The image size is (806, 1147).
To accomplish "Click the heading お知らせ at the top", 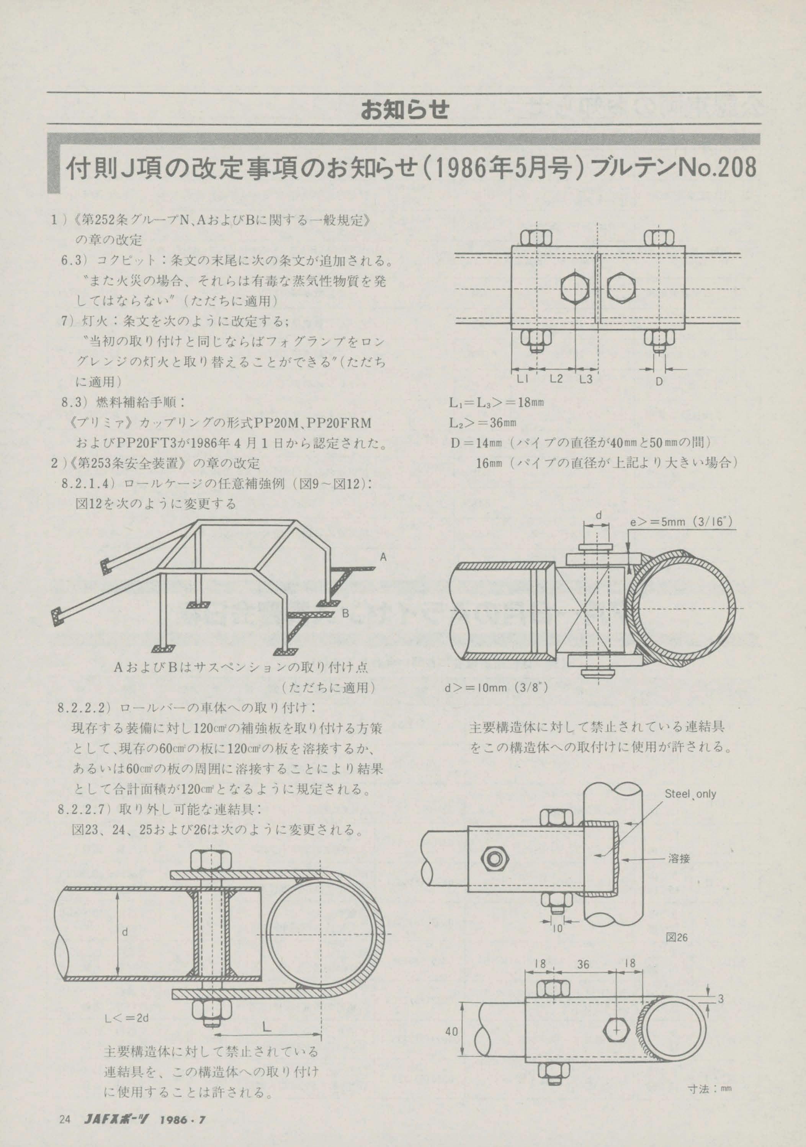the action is [x=404, y=109].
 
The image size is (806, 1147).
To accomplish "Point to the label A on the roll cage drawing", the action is [x=383, y=556].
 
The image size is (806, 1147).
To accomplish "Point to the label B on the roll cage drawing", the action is [x=345, y=614].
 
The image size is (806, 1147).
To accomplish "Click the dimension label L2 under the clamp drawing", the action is [x=556, y=379].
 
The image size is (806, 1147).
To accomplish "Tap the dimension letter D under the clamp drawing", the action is [x=659, y=382].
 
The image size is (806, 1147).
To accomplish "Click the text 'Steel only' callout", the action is [x=690, y=794].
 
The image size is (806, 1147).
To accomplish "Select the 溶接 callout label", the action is [x=678, y=859].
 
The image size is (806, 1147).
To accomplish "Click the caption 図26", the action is [x=677, y=938].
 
